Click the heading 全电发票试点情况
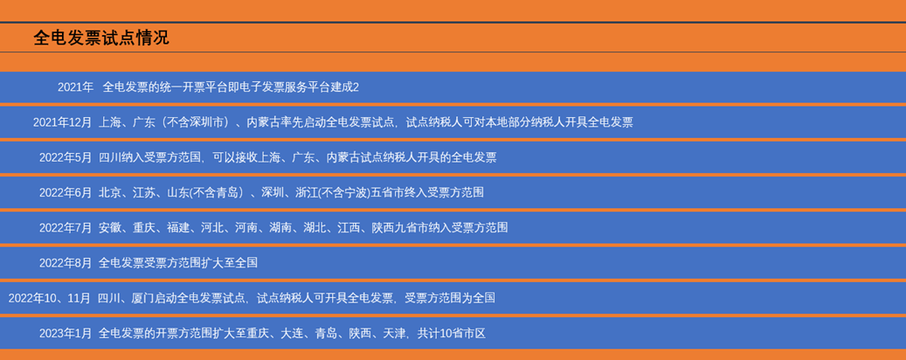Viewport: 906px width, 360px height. [x=101, y=38]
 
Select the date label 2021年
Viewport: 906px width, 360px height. [x=76, y=87]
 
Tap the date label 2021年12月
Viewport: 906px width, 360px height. [x=62, y=122]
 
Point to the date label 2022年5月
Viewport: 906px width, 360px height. [x=66, y=158]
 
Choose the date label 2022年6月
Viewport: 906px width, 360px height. [x=66, y=193]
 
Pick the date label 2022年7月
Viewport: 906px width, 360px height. [x=66, y=228]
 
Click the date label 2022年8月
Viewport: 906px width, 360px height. [x=66, y=264]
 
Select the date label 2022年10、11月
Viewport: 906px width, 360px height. [x=50, y=299]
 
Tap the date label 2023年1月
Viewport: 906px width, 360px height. [x=66, y=334]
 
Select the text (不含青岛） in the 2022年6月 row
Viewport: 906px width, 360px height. [x=218, y=193]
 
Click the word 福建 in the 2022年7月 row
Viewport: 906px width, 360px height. [x=178, y=228]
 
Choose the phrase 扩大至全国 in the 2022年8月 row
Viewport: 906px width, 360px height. [x=230, y=264]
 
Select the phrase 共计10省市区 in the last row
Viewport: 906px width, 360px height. [x=452, y=334]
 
